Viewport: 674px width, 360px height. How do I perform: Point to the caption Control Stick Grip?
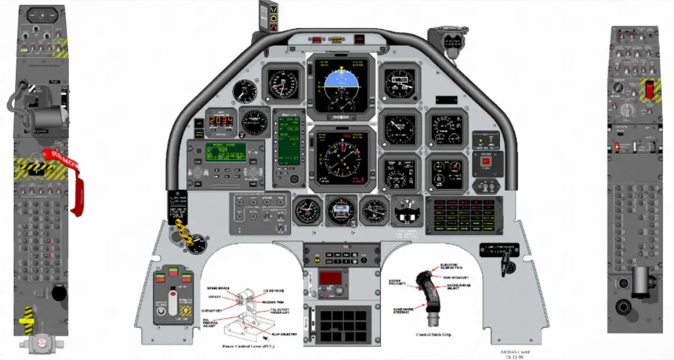pos(433,335)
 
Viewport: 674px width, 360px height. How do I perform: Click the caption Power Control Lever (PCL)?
pos(254,346)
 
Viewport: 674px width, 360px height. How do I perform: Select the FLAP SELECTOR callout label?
pos(284,334)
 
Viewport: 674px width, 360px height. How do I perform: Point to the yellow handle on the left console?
pos(27,319)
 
